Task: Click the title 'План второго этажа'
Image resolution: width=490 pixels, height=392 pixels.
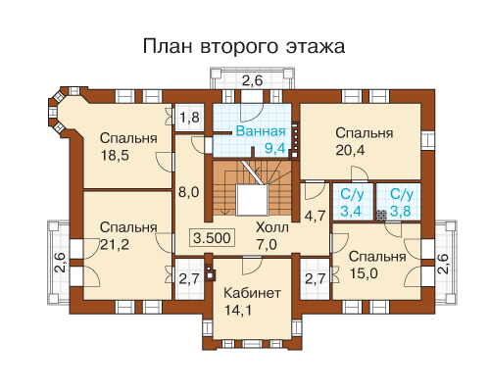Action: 244,46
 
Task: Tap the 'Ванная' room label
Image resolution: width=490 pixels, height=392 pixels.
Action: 261,131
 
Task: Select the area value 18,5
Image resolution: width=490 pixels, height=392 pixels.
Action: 115,155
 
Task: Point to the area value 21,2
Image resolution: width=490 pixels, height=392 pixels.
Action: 115,244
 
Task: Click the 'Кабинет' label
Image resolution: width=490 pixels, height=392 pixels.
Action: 252,293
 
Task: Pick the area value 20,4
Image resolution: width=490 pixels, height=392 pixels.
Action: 350,150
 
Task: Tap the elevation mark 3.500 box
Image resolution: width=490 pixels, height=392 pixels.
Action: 212,238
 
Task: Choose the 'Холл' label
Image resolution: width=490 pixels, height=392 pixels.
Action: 272,227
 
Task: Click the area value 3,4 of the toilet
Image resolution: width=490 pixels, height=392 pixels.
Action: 351,212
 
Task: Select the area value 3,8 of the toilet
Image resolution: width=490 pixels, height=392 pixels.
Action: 401,212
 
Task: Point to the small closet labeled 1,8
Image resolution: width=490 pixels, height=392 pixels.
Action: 189,118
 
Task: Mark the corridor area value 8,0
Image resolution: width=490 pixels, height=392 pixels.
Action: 189,192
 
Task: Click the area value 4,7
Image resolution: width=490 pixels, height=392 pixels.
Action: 316,216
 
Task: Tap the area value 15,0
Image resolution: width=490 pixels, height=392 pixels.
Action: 364,273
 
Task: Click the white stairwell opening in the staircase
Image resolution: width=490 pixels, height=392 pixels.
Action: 252,200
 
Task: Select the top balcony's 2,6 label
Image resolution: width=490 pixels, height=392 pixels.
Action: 252,80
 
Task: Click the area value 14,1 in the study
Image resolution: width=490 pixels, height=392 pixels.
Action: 238,310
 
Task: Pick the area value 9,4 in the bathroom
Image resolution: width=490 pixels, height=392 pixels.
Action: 275,148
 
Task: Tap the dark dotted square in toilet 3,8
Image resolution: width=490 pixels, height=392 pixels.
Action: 381,215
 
